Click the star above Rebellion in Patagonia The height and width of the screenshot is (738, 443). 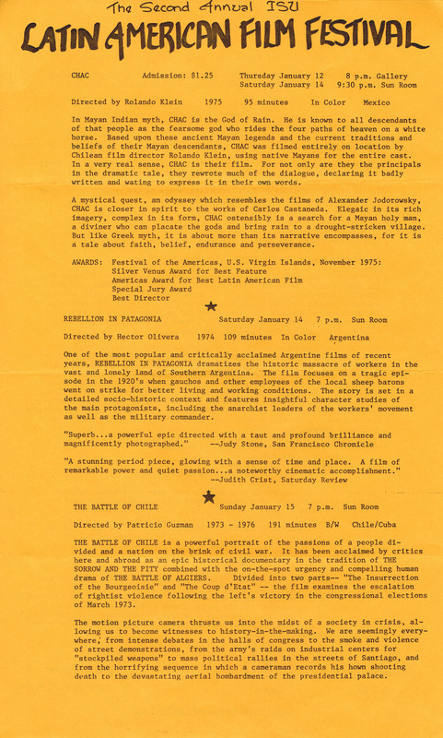(211, 305)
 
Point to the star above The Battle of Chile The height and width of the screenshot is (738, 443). (209, 496)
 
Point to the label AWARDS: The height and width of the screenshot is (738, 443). (84, 260)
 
